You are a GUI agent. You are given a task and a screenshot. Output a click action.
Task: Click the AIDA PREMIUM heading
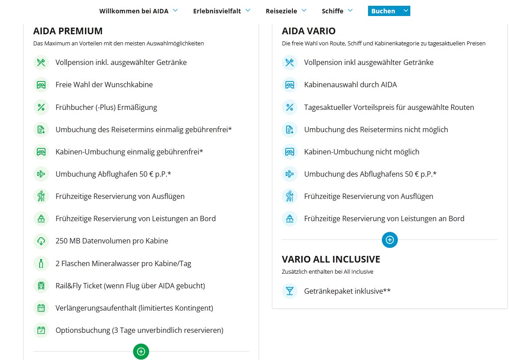click(x=68, y=31)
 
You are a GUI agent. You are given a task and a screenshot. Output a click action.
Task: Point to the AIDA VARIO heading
click(x=309, y=31)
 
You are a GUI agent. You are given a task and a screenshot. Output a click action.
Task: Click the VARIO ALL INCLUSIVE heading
click(x=331, y=259)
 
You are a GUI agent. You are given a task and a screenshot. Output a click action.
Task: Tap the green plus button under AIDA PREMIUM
click(x=141, y=352)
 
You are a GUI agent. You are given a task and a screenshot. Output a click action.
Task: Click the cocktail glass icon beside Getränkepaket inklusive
click(x=290, y=291)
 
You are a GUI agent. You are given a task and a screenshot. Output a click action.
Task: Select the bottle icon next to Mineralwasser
click(x=41, y=263)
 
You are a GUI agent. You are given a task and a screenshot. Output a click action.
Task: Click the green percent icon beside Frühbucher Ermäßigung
click(x=41, y=107)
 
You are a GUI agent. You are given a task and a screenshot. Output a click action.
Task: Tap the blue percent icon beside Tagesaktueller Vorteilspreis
click(x=290, y=107)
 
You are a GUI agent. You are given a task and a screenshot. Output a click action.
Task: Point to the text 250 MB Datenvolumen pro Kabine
click(x=112, y=241)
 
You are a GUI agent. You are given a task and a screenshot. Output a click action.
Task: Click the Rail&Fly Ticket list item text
click(x=130, y=286)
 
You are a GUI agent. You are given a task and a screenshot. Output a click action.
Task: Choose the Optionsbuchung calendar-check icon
click(x=41, y=330)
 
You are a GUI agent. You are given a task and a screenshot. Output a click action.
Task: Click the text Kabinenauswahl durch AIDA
click(x=351, y=85)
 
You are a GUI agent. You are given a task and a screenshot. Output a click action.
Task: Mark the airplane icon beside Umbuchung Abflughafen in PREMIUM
click(x=41, y=174)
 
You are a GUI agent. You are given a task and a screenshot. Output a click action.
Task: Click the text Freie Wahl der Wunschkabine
click(x=104, y=85)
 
